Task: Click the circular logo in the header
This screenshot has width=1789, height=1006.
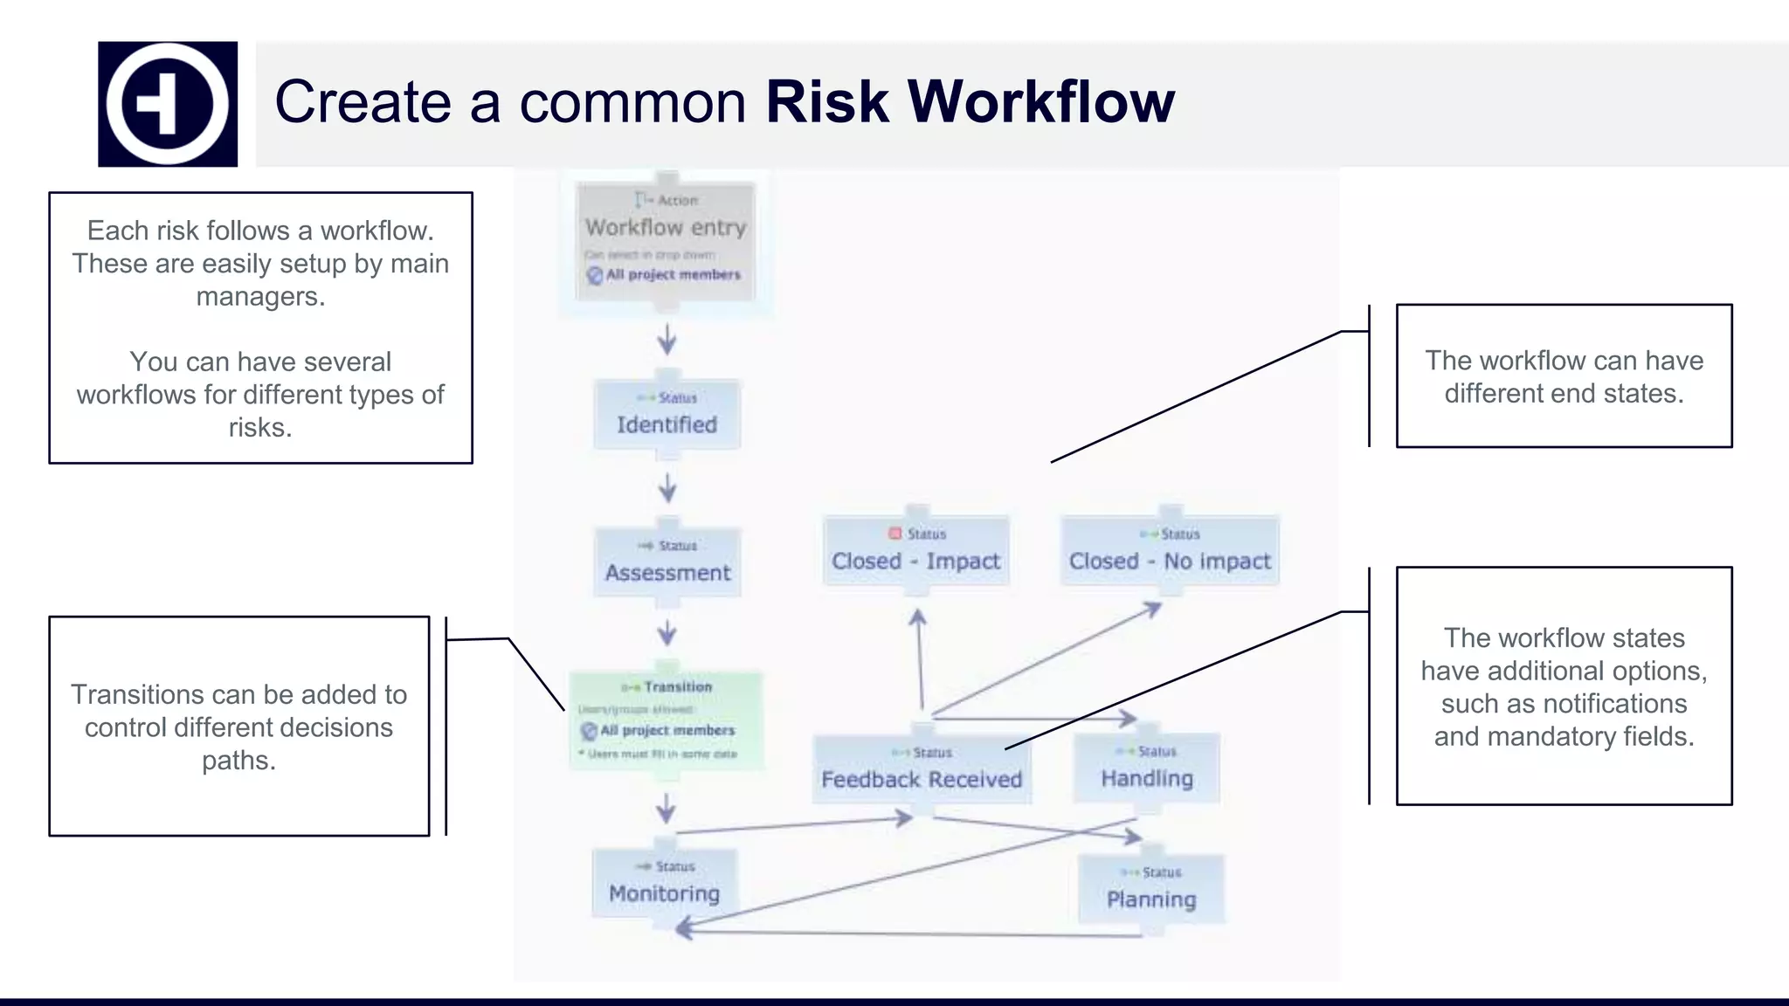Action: [x=167, y=104]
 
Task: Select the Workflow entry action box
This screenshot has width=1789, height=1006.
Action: [x=666, y=241]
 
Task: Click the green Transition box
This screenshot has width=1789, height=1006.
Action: [x=667, y=720]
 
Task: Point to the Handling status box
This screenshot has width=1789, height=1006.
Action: [x=1147, y=768]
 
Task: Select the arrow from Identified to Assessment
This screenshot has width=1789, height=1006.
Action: [x=667, y=487]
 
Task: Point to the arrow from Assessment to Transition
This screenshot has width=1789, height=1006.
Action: [x=667, y=632]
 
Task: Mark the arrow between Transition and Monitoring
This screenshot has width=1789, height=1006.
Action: [x=667, y=809]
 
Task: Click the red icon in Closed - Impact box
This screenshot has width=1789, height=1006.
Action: [x=894, y=534]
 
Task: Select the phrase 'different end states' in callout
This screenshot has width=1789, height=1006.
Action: [x=1564, y=394]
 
